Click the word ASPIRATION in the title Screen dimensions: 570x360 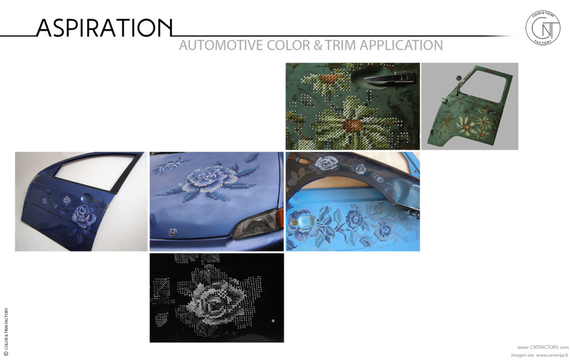pos(104,28)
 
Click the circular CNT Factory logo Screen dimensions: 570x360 pos(542,28)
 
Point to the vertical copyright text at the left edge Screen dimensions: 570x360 pos(6,332)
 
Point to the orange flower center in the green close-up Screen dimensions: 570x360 pos(352,125)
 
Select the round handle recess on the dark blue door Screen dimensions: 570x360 pos(87,198)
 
